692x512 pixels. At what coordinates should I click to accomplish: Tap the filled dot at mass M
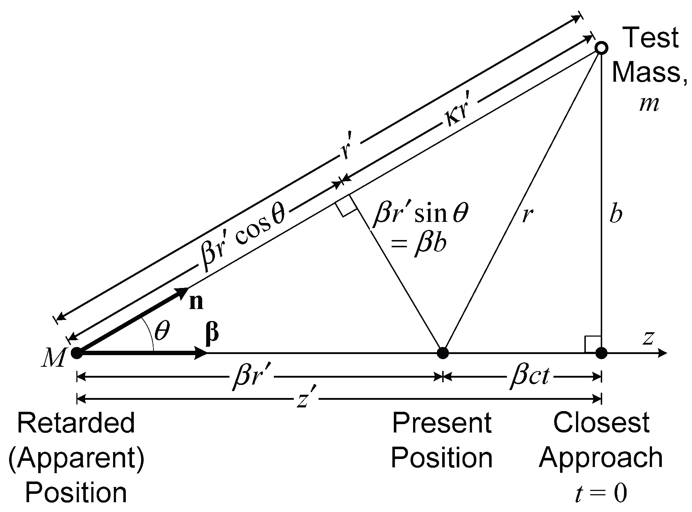point(76,353)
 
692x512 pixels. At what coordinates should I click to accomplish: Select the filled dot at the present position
point(443,353)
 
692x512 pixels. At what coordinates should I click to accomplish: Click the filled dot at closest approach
point(601,353)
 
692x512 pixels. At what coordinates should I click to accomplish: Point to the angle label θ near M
point(162,332)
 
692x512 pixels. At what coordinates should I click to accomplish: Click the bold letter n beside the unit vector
point(196,302)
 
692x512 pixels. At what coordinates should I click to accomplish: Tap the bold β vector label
point(212,333)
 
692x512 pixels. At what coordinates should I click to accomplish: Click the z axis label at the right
point(648,338)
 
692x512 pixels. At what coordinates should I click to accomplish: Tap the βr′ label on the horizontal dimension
point(251,378)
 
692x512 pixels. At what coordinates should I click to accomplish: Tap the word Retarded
point(76,423)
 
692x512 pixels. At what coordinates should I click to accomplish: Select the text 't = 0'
point(601,494)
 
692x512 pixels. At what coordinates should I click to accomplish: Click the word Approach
point(601,458)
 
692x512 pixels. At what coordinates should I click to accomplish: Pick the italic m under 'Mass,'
point(649,105)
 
